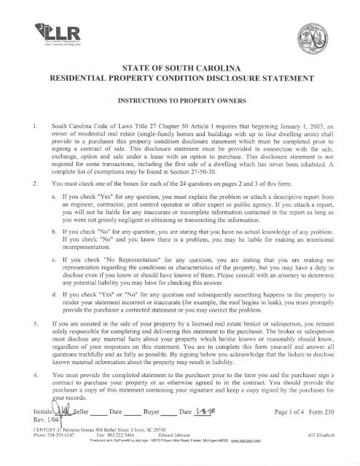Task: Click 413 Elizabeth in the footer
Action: click(321, 454)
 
